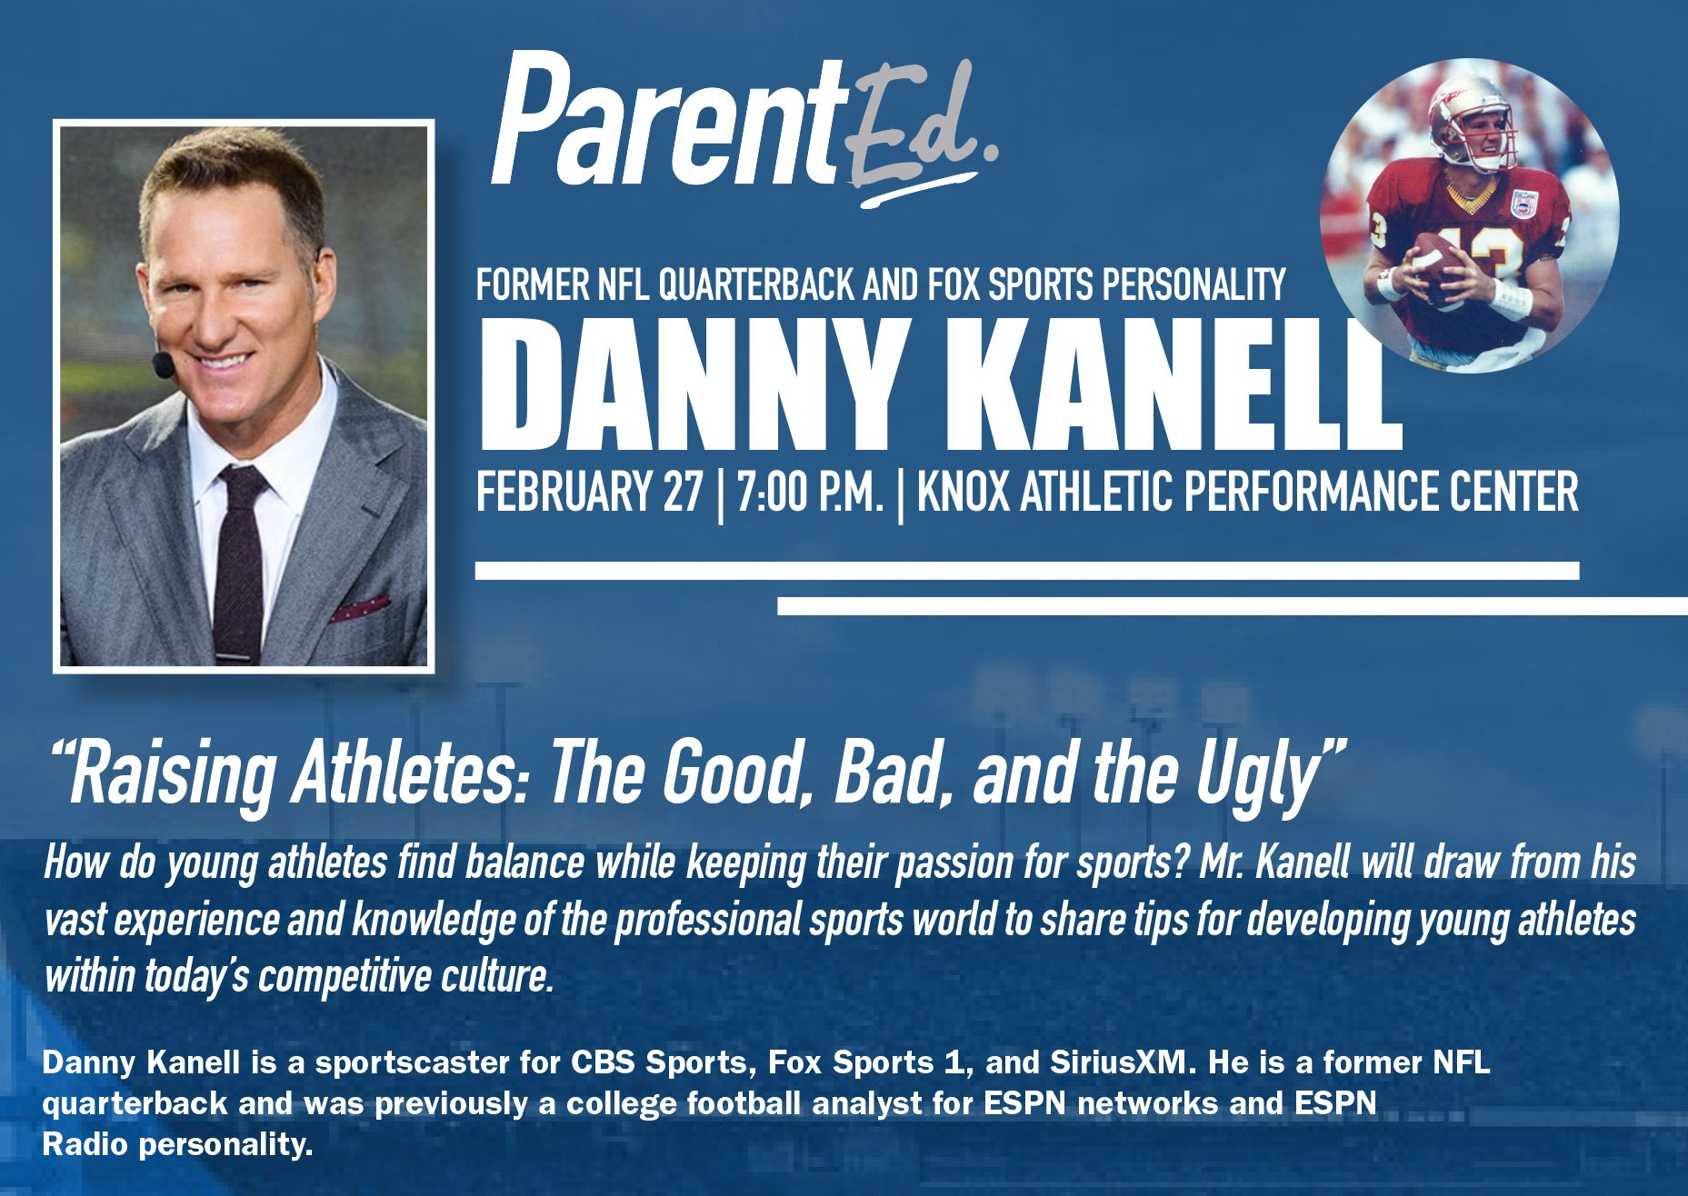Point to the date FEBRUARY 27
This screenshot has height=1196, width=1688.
tap(590, 493)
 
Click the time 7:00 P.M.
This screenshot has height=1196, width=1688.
tap(810, 493)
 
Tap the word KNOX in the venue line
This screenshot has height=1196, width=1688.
tap(963, 493)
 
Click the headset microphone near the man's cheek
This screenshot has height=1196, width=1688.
tap(163, 365)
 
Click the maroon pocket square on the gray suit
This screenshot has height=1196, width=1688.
tap(360, 608)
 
